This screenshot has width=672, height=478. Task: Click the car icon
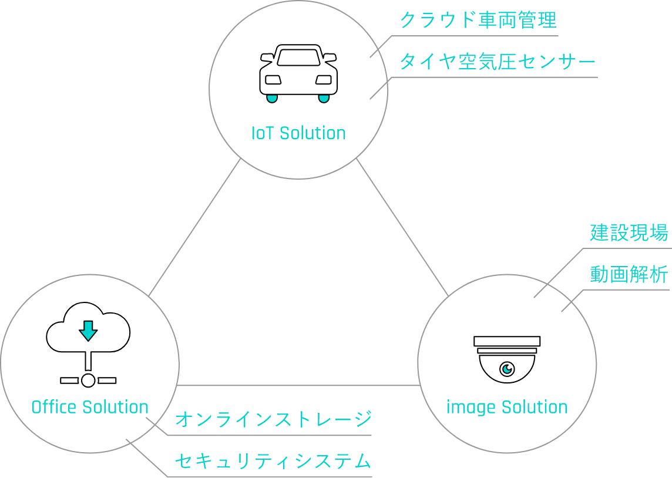click(x=298, y=73)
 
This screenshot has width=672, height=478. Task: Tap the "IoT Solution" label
click(x=298, y=133)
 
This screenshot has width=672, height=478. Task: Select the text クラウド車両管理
click(x=478, y=20)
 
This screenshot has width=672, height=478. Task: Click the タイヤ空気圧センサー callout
click(x=498, y=62)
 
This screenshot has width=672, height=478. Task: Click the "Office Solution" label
click(x=90, y=407)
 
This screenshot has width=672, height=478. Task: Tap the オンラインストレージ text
click(x=273, y=419)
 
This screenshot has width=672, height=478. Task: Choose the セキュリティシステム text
click(x=273, y=461)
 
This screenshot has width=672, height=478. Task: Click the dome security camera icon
click(x=507, y=359)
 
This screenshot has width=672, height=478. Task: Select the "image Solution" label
click(x=507, y=407)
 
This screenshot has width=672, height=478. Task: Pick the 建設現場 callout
click(x=629, y=233)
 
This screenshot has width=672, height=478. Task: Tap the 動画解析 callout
click(x=629, y=275)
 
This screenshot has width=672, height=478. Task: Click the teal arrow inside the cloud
click(x=88, y=331)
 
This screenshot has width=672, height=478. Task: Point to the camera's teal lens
click(x=508, y=368)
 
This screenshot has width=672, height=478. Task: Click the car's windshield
click(x=299, y=58)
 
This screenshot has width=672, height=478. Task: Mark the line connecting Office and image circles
click(x=298, y=385)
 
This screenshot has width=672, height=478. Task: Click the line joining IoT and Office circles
click(x=194, y=227)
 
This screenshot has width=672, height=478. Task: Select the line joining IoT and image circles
click(x=402, y=227)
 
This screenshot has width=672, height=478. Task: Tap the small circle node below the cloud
click(x=88, y=381)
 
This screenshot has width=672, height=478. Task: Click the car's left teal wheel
click(x=272, y=99)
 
